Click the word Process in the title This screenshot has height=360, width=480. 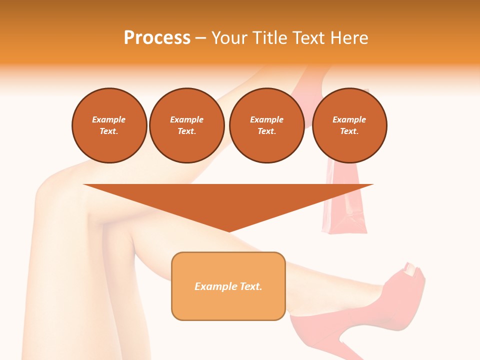[157, 38]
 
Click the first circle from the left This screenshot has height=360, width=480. [109, 125]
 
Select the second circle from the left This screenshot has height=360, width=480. [186, 125]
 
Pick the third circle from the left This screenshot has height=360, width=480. [266, 125]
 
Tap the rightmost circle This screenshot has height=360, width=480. [349, 125]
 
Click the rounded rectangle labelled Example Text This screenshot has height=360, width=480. [228, 286]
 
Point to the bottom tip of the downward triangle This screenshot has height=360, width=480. [228, 231]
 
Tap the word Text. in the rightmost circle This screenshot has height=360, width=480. [349, 131]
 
